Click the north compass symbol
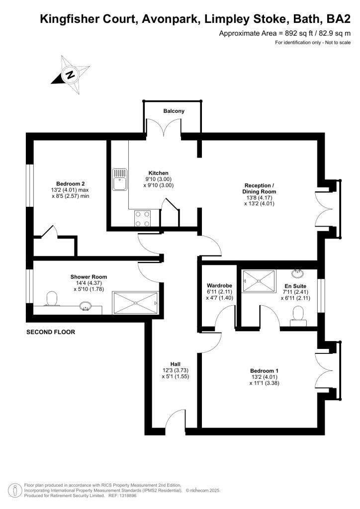(71, 76)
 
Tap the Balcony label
(174, 111)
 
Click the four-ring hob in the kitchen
(142, 218)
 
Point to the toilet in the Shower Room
(51, 299)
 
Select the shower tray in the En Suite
(258, 281)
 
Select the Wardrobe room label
(217, 286)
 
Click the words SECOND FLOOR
(51, 332)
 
